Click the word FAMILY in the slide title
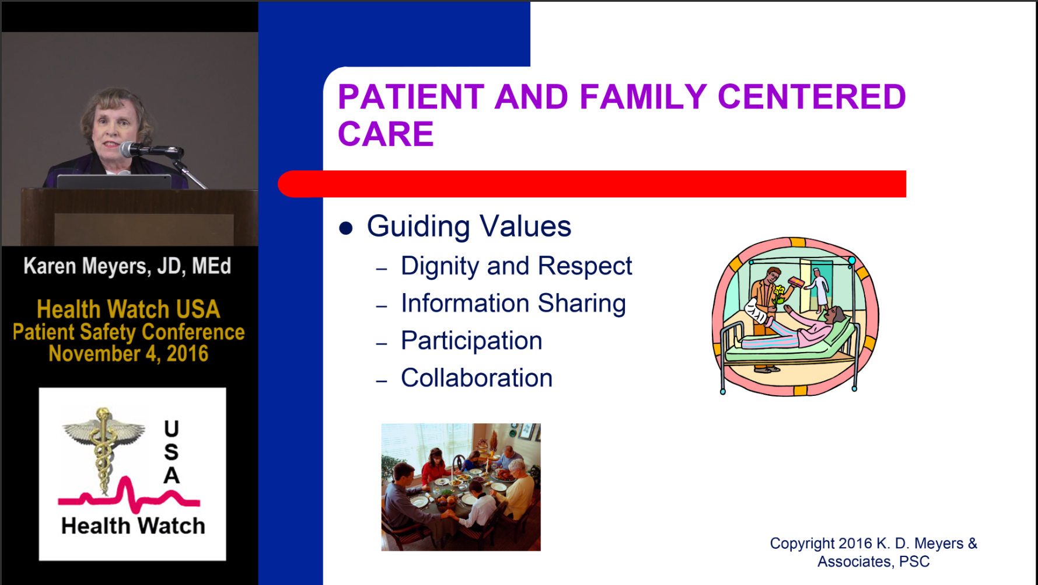pos(643,97)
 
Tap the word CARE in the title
pos(386,134)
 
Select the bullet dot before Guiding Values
pos(346,228)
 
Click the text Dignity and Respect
pos(516,266)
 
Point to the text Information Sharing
pos(513,304)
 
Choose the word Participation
pos(471,341)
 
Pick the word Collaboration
pos(477,378)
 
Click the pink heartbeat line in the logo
pos(129,496)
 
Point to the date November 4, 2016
pos(128,354)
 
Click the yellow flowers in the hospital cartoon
pos(779,292)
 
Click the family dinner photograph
pos(461,487)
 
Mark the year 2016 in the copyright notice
pos(855,544)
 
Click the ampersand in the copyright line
pos(972,544)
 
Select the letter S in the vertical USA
pos(171,452)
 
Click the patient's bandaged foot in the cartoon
pos(756,313)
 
